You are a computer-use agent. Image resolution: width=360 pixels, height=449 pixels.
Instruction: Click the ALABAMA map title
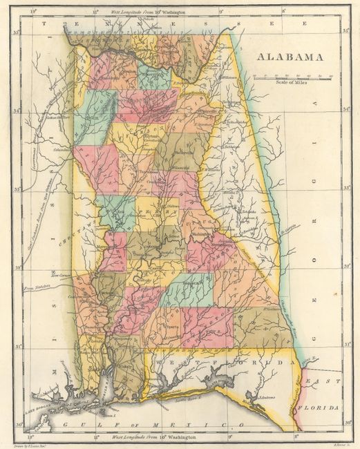(291, 57)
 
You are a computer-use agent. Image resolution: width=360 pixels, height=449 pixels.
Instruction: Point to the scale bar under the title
(292, 77)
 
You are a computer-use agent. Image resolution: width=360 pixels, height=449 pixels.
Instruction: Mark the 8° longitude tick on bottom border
(296, 437)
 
